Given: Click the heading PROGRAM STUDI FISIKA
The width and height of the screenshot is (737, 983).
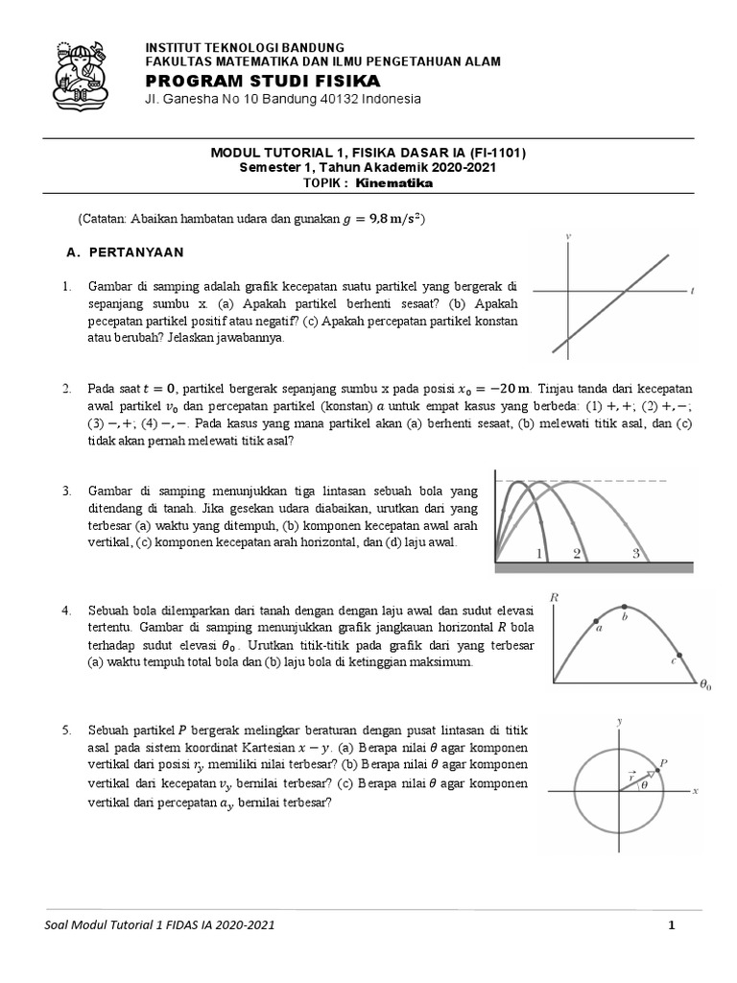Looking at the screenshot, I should (x=262, y=80).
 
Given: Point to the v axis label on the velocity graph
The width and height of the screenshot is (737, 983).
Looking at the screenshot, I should (x=570, y=236).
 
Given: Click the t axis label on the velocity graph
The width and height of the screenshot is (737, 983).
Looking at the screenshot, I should (x=692, y=289).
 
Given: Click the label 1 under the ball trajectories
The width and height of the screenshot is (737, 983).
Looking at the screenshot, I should (x=539, y=553).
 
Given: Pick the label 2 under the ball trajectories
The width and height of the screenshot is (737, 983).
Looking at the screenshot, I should (x=577, y=553).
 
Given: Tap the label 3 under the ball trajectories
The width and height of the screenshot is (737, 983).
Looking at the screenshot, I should (x=635, y=553).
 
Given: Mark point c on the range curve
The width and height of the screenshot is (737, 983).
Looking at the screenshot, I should (x=675, y=661).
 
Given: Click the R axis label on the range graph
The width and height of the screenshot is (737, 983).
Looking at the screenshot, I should (x=554, y=597).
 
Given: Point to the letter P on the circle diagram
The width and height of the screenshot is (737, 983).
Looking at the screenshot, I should (x=664, y=761).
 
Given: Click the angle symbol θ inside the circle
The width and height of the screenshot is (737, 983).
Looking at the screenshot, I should (x=644, y=784).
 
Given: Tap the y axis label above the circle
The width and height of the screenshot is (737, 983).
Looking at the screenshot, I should (x=621, y=720).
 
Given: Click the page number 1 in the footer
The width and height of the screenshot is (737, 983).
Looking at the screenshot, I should (x=673, y=925).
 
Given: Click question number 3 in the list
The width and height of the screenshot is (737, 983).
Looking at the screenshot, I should (x=67, y=491).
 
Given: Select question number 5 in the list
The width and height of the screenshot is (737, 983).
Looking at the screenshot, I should (x=67, y=731).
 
